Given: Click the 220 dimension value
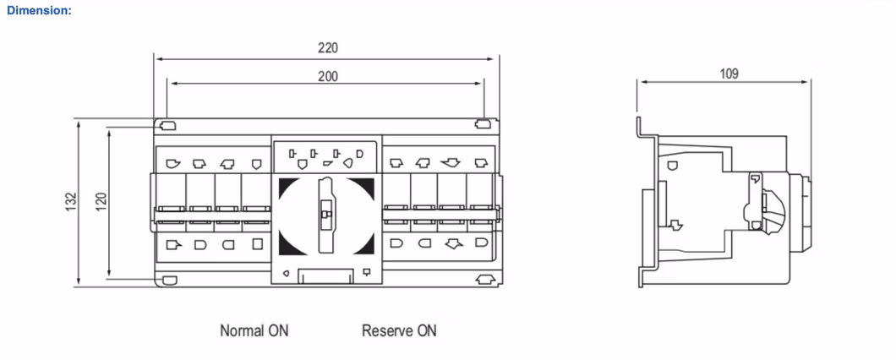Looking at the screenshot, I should [x=327, y=48].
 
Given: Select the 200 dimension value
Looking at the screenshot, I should [x=327, y=76].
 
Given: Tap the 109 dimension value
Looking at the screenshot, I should [x=729, y=74].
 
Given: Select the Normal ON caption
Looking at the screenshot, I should [x=254, y=330].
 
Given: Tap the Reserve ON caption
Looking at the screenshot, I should [x=399, y=330].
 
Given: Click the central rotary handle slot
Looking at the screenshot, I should [x=325, y=214].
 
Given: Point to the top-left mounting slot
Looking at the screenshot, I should [x=167, y=126].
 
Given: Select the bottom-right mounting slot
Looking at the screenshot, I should [x=484, y=280].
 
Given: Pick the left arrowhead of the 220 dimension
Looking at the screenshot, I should [x=158, y=59].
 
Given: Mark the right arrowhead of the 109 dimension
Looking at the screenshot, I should [x=806, y=82].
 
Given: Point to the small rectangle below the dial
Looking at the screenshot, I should [x=325, y=275].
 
